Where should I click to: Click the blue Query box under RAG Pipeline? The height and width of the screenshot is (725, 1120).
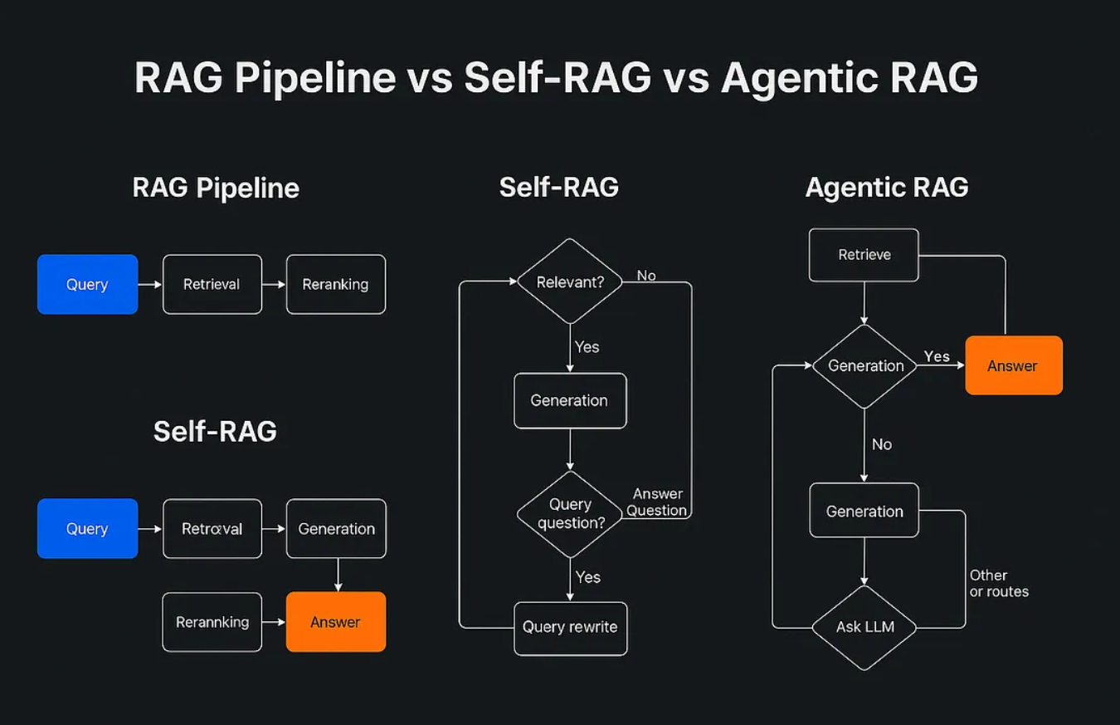point(87,284)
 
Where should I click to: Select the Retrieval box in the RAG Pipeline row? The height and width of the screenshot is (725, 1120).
point(212,284)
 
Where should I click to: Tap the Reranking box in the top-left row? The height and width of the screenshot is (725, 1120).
point(335,284)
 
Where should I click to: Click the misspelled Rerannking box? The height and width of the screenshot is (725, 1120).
point(212,622)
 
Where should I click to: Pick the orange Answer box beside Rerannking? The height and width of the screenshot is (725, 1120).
point(335,622)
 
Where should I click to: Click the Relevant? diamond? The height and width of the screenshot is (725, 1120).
point(569,282)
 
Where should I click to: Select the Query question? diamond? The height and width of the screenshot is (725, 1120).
point(569,514)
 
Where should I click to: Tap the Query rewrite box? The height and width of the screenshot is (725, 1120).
point(570,628)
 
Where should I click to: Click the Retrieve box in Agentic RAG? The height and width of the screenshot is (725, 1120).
point(864,255)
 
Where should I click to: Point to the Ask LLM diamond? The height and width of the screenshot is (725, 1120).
point(864,627)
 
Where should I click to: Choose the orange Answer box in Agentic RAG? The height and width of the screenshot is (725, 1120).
point(1013,365)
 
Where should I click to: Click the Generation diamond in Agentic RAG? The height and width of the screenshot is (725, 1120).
point(864,365)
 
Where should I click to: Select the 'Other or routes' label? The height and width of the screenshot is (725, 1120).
point(998,583)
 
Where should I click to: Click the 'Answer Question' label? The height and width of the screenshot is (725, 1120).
point(657,502)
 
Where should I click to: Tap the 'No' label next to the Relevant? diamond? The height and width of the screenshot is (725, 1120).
point(646,276)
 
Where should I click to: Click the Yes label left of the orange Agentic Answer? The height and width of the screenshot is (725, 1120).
point(937,356)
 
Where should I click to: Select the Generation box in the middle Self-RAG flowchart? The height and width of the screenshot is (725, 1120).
point(569,400)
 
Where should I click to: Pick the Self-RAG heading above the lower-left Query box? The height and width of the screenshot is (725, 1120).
point(215,431)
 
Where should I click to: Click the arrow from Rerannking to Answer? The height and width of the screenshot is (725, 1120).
point(274,622)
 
